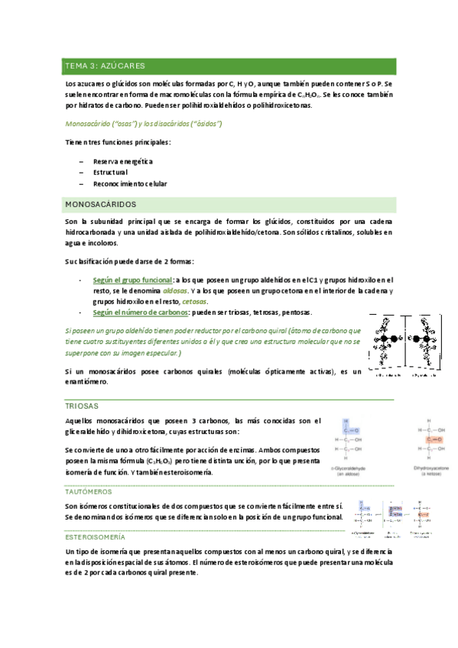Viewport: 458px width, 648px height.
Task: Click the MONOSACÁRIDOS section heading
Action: click(100, 204)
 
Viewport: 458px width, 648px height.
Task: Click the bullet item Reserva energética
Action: click(123, 161)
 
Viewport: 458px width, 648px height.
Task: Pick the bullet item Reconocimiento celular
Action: click(130, 184)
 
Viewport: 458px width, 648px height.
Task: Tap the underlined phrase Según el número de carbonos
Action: click(140, 313)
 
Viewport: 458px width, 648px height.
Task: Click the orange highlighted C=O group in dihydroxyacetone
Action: click(434, 440)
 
